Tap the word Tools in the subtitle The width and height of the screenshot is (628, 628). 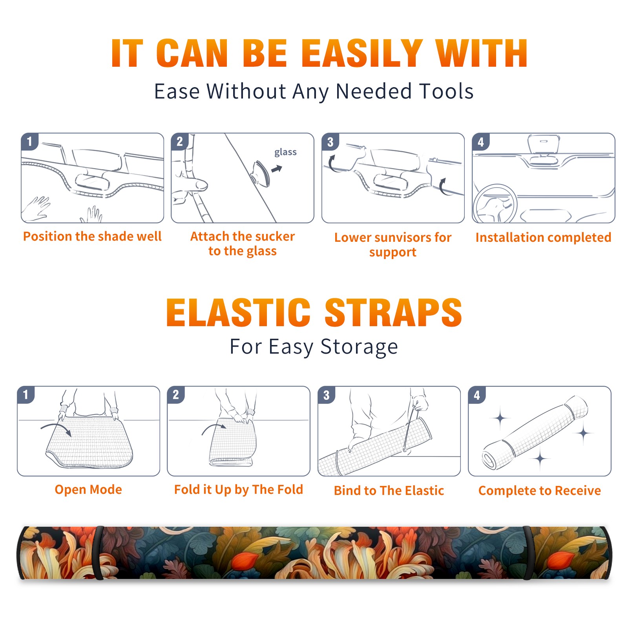[446, 91]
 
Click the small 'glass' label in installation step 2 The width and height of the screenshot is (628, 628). [285, 152]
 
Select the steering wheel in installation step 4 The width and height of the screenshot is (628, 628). [495, 203]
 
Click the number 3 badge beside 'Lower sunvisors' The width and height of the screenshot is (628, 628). [330, 142]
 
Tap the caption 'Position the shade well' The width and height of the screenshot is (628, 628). [92, 236]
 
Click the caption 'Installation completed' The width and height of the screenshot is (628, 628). [543, 237]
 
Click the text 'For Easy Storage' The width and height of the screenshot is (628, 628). [314, 347]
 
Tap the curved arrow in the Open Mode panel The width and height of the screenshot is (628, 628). [56, 429]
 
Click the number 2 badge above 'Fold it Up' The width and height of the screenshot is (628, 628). [176, 394]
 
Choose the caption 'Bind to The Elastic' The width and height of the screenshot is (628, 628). [389, 491]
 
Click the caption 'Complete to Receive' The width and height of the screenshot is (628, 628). [539, 491]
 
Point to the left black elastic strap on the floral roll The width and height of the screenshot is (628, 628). [99, 553]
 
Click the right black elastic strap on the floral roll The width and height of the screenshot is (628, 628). [528, 553]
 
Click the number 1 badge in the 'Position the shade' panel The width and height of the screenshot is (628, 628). [30, 141]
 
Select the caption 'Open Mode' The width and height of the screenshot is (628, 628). [88, 489]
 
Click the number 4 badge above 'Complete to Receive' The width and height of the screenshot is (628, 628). [477, 395]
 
